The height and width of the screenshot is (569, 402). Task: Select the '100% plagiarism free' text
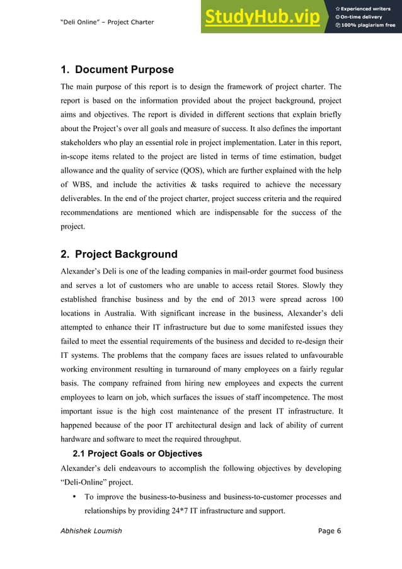(365, 26)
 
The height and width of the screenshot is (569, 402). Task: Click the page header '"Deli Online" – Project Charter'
(106, 23)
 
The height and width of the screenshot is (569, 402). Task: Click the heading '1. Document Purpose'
(117, 69)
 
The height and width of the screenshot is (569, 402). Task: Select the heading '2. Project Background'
(118, 255)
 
